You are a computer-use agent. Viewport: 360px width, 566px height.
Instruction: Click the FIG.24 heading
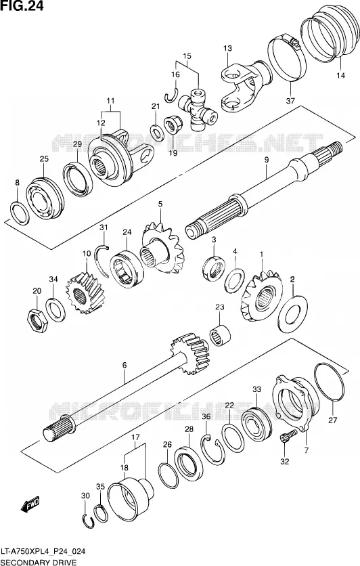(22, 6)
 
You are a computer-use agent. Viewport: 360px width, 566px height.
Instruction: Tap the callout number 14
(340, 75)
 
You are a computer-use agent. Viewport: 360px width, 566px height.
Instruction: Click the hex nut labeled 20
(37, 320)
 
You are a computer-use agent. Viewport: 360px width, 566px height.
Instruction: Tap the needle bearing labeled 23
(221, 334)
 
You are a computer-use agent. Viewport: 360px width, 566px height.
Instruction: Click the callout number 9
(266, 160)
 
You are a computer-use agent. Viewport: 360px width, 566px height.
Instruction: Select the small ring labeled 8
(20, 214)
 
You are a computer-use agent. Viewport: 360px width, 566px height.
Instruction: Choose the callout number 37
(290, 101)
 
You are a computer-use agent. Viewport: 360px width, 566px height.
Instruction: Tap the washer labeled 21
(156, 132)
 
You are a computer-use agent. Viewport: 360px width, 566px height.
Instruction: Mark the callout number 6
(125, 366)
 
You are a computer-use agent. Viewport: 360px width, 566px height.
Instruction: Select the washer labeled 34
(55, 310)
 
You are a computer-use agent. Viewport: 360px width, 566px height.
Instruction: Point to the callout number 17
(135, 437)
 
